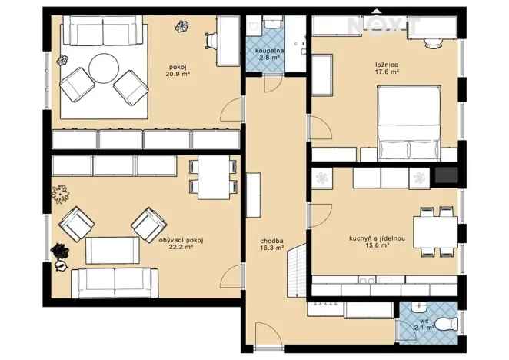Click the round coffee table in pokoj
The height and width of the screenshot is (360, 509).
click(x=103, y=70)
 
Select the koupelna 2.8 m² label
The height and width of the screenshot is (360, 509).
click(x=270, y=54)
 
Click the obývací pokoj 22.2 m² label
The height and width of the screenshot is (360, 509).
click(x=181, y=245)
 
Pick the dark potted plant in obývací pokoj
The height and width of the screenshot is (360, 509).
click(x=58, y=252)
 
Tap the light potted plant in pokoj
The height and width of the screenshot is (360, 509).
click(x=183, y=28)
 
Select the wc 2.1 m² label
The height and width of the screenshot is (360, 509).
click(x=424, y=325)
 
